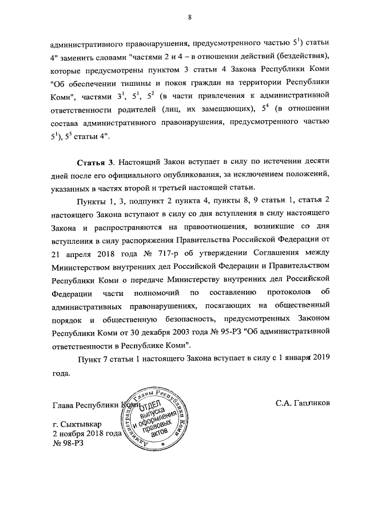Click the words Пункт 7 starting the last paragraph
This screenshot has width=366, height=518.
click(x=92, y=359)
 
